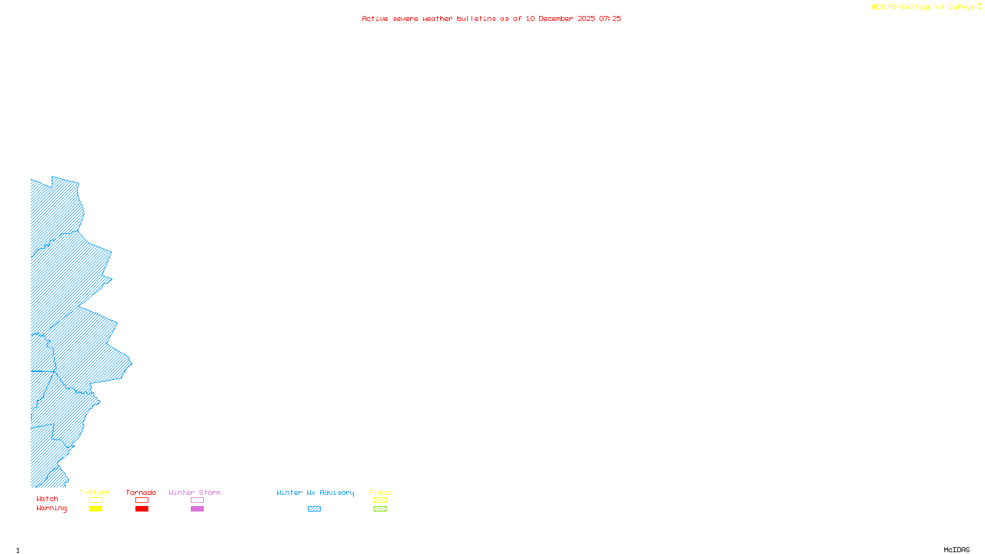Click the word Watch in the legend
point(47,499)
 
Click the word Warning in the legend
point(52,508)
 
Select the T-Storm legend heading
point(95,492)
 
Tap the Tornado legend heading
point(141,492)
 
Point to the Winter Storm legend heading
point(195,492)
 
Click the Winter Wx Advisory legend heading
point(315,492)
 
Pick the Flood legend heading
point(380,492)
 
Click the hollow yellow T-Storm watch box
point(95,500)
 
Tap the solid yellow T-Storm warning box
point(95,509)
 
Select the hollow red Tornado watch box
point(142,500)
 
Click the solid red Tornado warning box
point(142,509)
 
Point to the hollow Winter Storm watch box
point(197,500)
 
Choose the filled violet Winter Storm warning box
point(197,509)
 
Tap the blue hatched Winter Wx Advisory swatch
point(314,509)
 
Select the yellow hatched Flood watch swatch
point(380,500)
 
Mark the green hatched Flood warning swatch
point(380,509)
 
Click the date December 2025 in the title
point(566,18)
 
